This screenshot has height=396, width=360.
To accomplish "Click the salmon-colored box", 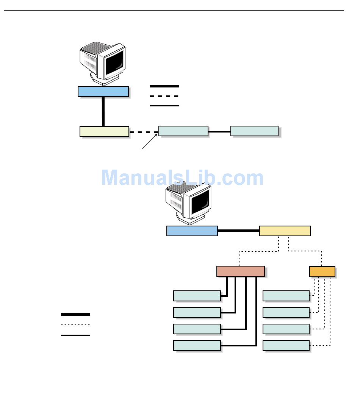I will [240, 271].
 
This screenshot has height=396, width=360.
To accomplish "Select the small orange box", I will [322, 271].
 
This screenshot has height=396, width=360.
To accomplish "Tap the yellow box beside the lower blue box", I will [285, 231].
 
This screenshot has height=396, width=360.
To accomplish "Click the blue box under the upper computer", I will [103, 91].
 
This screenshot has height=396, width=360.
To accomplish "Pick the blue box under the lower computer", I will [192, 231].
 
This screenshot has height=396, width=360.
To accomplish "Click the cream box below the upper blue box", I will [104, 131].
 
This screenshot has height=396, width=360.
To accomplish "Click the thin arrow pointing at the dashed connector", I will [150, 141].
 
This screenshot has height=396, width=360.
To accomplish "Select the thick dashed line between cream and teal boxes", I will [144, 132].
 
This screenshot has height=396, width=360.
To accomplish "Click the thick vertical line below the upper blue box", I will [103, 111].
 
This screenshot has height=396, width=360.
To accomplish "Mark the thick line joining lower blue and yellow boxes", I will [238, 231].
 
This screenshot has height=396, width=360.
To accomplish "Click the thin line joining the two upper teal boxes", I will [219, 132].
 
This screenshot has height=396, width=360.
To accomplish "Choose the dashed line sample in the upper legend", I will [164, 96].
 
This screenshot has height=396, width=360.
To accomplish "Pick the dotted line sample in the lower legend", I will [75, 325].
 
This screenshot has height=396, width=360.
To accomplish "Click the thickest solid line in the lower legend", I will [75, 314].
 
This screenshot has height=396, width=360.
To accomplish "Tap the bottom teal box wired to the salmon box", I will [197, 345].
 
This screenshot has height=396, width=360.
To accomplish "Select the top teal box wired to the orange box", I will [286, 296].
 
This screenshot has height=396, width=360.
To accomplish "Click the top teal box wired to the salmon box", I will [197, 296].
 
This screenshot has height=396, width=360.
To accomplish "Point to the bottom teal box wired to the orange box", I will [286, 345].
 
